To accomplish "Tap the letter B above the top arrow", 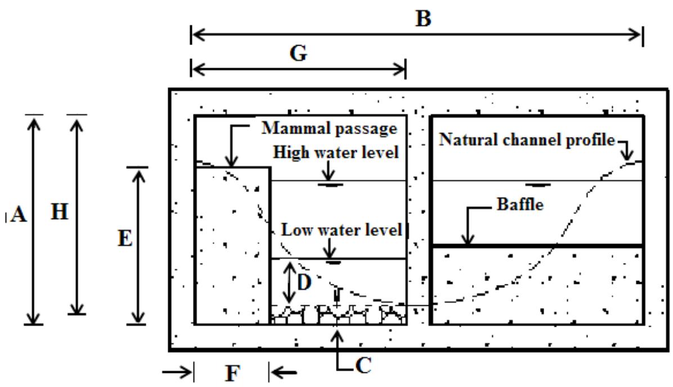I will [423, 19].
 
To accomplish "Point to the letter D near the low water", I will [304, 282].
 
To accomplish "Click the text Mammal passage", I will [330, 128].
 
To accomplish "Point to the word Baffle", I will [519, 204].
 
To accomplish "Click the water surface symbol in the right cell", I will [539, 185].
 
